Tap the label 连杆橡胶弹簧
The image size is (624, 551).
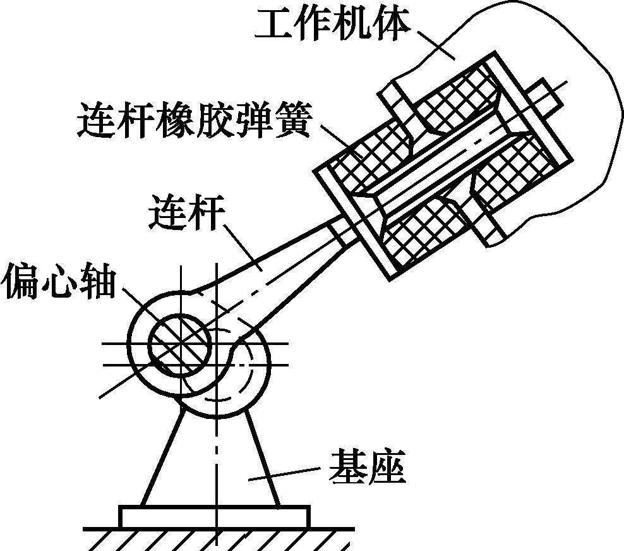(x=195, y=119)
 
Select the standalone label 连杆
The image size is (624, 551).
(x=185, y=213)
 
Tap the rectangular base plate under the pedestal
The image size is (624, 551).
(x=214, y=516)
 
